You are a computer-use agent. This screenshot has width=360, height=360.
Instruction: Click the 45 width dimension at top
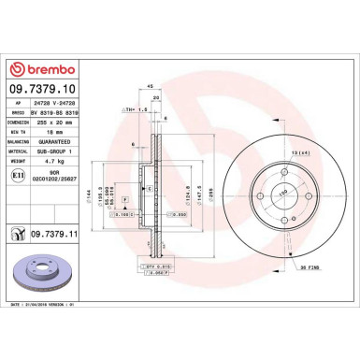(x=151, y=87)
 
